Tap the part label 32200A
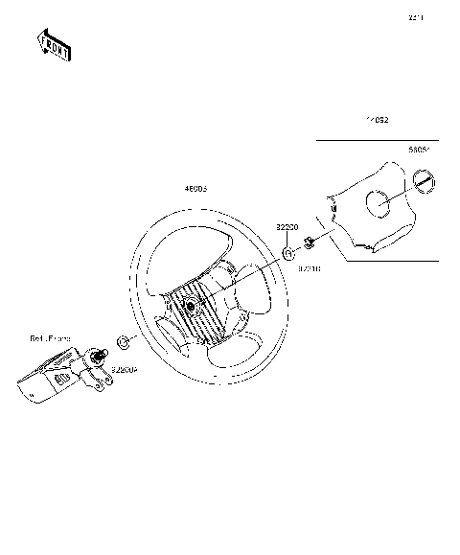click(x=125, y=368)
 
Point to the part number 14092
click(x=378, y=121)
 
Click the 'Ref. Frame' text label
click(x=49, y=339)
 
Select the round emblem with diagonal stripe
click(x=422, y=181)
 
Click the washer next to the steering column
click(x=122, y=341)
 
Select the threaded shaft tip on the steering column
click(x=98, y=356)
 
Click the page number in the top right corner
click(x=416, y=17)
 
